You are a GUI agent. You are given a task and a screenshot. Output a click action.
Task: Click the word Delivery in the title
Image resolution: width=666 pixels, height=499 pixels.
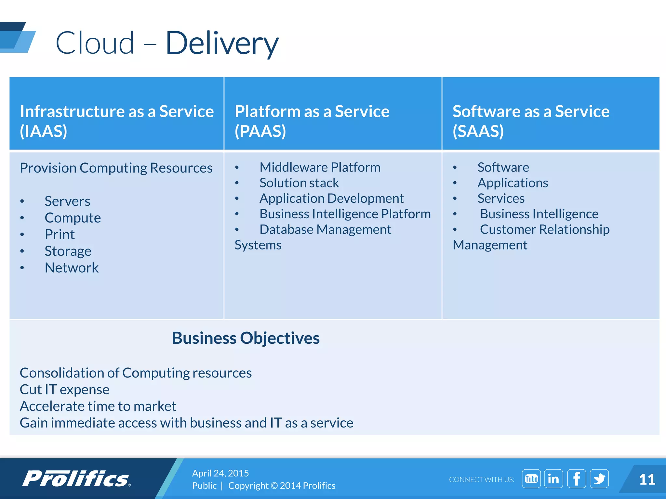222,43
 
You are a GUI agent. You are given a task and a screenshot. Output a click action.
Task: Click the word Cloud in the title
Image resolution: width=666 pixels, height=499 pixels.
95,43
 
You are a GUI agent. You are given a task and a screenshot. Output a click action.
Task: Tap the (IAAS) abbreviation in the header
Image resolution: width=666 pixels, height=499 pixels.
44,131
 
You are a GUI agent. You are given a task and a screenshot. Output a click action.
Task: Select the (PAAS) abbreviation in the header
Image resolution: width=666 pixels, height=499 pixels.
260,131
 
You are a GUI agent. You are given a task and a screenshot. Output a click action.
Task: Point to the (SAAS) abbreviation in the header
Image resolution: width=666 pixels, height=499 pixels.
478,131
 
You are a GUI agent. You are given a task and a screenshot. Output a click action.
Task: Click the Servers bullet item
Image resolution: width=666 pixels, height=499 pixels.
67,201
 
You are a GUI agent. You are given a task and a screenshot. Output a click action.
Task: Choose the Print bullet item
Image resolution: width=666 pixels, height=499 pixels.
60,235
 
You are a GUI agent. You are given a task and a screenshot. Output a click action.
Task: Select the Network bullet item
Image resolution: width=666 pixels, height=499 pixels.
72,268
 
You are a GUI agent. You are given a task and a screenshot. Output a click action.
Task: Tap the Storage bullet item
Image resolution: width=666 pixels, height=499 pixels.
68,251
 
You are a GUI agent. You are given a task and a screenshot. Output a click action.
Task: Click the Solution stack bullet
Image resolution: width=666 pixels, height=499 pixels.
299,183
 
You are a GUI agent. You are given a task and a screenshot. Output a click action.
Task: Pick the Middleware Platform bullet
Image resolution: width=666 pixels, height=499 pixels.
320,167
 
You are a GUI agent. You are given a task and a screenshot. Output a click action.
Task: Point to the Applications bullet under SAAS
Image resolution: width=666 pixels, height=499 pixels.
513,183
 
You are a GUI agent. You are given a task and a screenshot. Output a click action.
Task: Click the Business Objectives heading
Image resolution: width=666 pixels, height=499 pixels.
246,338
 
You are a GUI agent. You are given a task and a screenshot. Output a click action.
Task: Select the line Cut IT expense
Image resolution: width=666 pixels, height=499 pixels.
64,390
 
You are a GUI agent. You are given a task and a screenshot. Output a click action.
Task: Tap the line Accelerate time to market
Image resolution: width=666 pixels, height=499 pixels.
98,406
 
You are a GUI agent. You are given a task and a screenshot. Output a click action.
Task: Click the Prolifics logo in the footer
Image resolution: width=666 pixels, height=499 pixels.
76,479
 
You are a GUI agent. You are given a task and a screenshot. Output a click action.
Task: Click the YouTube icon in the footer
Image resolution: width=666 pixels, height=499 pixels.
531,479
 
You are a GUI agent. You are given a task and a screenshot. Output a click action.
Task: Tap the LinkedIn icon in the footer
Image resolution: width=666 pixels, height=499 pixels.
553,479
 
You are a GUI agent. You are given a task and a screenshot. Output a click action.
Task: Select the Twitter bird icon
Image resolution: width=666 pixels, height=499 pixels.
599,479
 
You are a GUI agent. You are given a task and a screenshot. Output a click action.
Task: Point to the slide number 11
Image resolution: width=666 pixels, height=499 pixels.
647,480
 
